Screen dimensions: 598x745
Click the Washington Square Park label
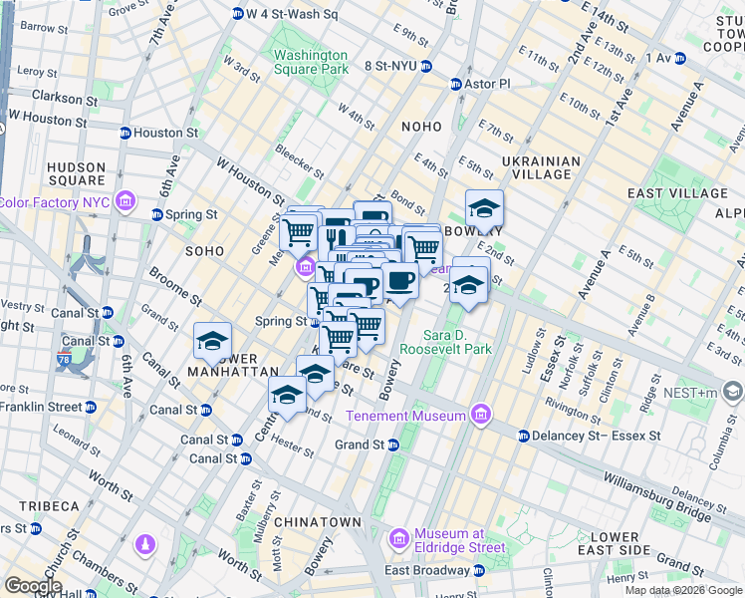(x=311, y=63)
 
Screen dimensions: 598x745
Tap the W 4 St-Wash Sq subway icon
(x=238, y=14)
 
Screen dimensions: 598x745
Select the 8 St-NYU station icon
(x=426, y=67)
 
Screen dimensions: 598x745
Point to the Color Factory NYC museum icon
(x=125, y=202)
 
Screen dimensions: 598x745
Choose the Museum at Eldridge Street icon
(x=398, y=539)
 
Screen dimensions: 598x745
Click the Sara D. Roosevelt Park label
(x=445, y=342)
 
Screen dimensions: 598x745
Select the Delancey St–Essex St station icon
(x=523, y=436)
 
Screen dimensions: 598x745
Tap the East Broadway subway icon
(x=479, y=570)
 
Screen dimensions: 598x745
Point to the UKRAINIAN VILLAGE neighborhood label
(x=541, y=168)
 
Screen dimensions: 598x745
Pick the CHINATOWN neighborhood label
(x=317, y=522)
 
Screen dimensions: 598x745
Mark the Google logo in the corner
(x=33, y=586)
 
